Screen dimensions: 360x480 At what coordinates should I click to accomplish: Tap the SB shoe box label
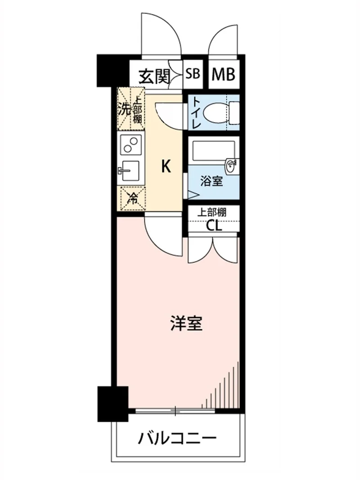pos(193,74)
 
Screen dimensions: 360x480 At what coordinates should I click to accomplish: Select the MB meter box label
pos(224,74)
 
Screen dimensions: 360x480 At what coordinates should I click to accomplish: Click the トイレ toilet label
pos(196,113)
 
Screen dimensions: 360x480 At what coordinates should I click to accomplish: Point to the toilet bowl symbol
pos(222,112)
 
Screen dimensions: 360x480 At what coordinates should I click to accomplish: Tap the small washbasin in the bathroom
pos(232,166)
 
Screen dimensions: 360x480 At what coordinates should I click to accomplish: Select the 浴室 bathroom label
pos(211,182)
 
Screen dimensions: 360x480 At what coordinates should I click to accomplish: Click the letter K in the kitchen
pos(166,167)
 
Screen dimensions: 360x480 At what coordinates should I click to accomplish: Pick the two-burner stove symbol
pos(131,144)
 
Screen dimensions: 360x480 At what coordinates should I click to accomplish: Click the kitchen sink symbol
pos(130,171)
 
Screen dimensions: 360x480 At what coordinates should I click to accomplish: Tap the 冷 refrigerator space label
pos(133,199)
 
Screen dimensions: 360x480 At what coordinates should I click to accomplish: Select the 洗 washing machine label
pos(125,109)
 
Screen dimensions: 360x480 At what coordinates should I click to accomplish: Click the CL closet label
pos(214,226)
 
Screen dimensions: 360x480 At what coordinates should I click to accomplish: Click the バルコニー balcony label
pos(178,439)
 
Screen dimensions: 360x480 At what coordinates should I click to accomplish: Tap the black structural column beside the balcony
pos(112,404)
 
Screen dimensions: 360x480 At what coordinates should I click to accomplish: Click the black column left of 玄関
pos(112,71)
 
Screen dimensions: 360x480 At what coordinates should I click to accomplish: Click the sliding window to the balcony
pos(175,411)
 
